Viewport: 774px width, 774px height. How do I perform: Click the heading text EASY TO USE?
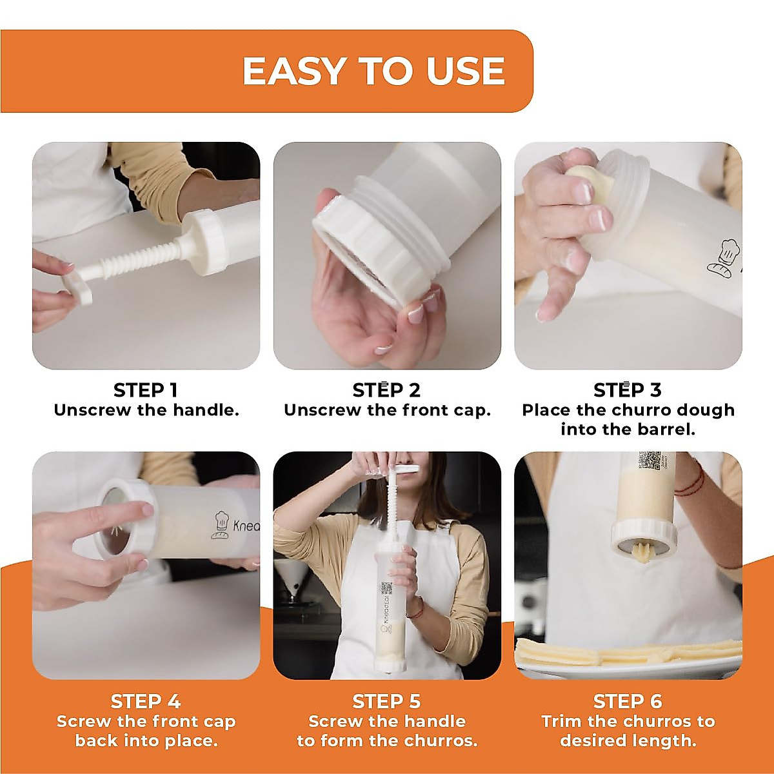pos(373,71)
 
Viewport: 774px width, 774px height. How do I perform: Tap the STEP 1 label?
pos(145,390)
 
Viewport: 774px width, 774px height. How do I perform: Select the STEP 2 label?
pos(386,390)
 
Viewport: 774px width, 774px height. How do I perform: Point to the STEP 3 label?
pos(628,390)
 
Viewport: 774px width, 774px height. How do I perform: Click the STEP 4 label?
pos(145,702)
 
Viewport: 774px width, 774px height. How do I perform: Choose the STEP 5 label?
pos(386,702)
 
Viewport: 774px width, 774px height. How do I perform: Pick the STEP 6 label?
pos(628,702)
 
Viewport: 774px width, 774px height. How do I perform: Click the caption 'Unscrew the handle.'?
pos(146,410)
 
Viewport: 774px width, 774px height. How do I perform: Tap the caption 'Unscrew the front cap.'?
pos(387,410)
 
